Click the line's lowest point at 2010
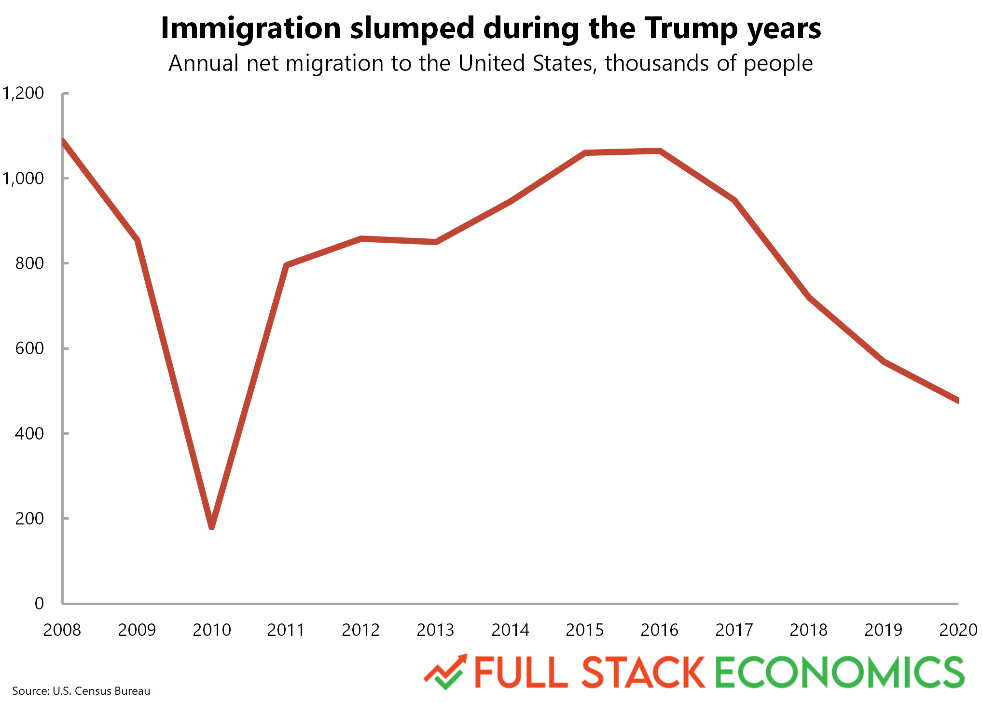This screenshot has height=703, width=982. pyautogui.click(x=212, y=526)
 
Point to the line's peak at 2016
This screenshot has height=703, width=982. pyautogui.click(x=659, y=151)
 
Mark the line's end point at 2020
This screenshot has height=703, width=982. pyautogui.click(x=957, y=400)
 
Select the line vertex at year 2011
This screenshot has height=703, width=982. pyautogui.click(x=287, y=265)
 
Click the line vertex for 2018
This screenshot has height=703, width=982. pyautogui.click(x=809, y=298)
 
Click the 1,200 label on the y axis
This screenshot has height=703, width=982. pyautogui.click(x=23, y=93)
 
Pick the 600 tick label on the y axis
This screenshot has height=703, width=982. pyautogui.click(x=29, y=348)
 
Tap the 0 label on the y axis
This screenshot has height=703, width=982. pyautogui.click(x=39, y=604)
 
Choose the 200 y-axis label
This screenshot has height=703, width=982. pyautogui.click(x=29, y=519)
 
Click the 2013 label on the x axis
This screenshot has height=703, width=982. pyautogui.click(x=435, y=630)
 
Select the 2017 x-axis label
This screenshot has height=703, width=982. pyautogui.click(x=734, y=630)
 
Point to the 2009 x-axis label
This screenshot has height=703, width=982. pyautogui.click(x=137, y=630)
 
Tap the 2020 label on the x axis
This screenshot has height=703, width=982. pyautogui.click(x=958, y=630)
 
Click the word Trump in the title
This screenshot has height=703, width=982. pyautogui.click(x=691, y=28)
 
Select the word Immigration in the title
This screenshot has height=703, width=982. pyautogui.click(x=251, y=28)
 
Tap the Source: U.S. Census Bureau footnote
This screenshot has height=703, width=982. pyautogui.click(x=81, y=691)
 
